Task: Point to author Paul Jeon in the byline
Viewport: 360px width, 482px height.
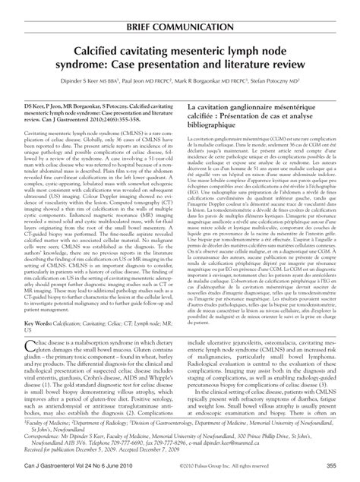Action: tap(143, 85)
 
